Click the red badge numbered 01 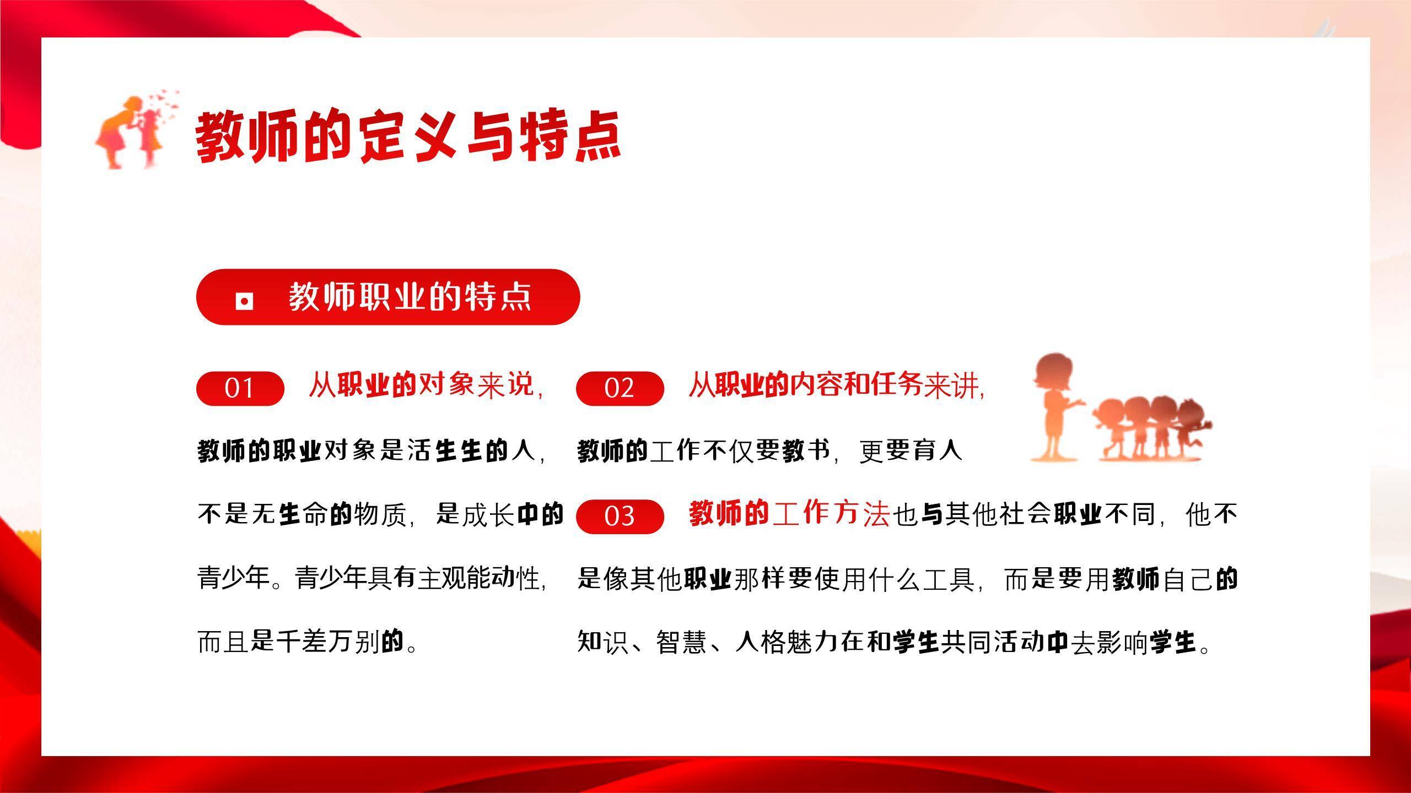(x=240, y=388)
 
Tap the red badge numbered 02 (x=620, y=388)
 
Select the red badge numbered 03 (x=620, y=516)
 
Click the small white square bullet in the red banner (x=244, y=301)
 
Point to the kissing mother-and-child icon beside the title (x=132, y=132)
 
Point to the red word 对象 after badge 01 (x=446, y=384)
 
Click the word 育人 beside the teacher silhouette (x=938, y=450)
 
